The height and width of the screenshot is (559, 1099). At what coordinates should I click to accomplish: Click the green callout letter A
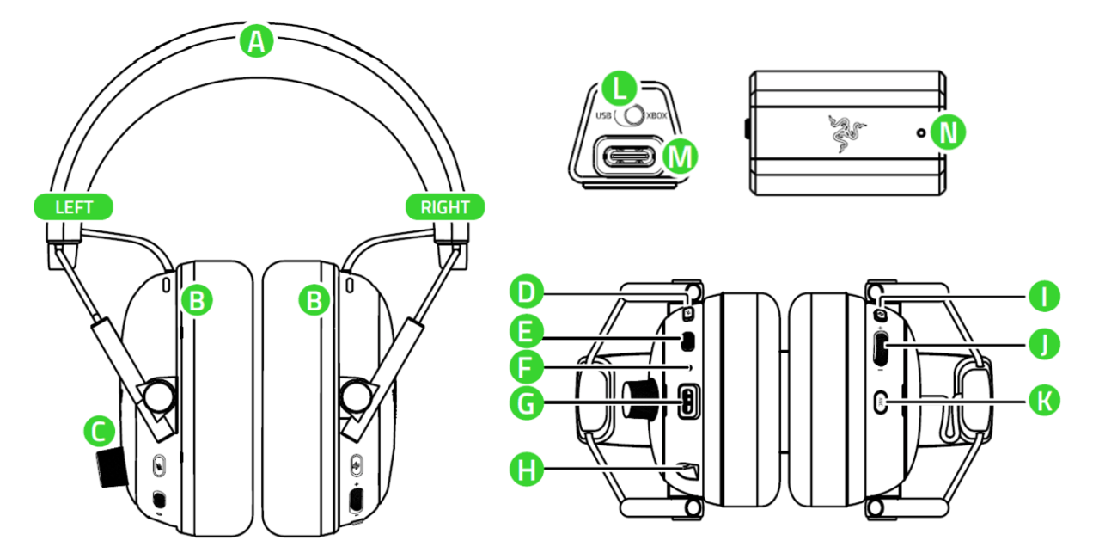[x=255, y=41]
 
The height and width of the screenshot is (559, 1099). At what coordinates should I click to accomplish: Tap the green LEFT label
[x=73, y=207]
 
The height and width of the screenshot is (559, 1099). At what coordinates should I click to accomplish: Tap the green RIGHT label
[x=444, y=207]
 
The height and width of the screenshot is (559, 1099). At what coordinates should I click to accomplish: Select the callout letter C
[x=100, y=431]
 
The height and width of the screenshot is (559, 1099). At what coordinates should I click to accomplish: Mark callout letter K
[x=1045, y=399]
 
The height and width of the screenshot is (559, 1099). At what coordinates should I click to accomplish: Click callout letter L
[x=619, y=87]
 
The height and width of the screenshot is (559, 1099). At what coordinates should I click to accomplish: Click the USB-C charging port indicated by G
[x=689, y=402]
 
